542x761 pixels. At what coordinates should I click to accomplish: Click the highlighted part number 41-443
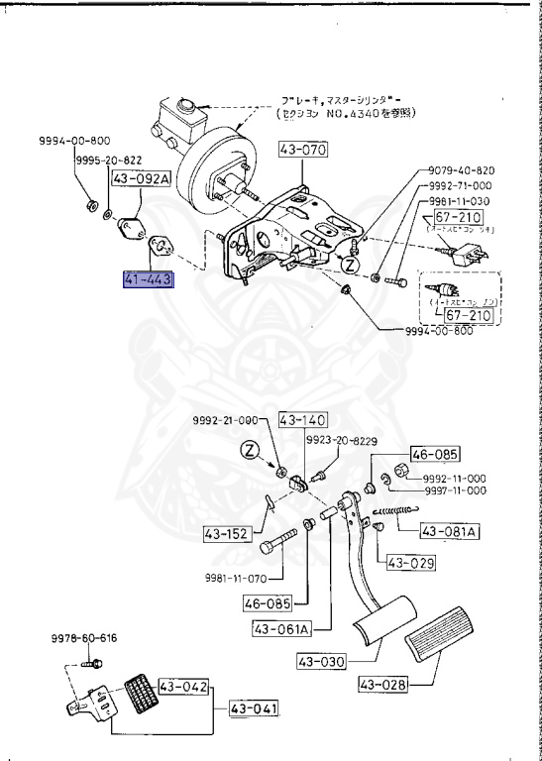148,280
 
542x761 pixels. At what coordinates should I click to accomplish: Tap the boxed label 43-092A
140,180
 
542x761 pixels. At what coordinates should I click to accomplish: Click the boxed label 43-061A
281,628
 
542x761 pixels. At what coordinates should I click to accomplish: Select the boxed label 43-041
254,709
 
